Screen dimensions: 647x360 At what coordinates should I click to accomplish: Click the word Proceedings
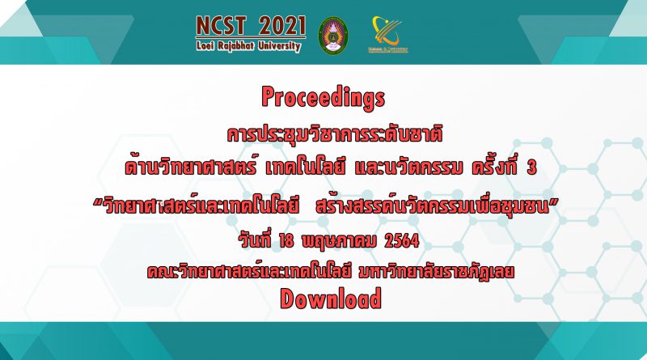pyautogui.click(x=323, y=98)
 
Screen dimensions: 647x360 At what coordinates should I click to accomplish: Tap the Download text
pyautogui.click(x=331, y=299)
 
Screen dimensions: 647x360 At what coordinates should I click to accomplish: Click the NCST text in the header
pyautogui.click(x=221, y=26)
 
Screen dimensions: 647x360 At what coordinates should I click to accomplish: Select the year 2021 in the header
pyautogui.click(x=282, y=26)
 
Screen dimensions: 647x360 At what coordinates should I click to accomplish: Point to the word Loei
pyautogui.click(x=206, y=45)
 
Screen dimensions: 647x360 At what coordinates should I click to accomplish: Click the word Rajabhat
pyautogui.click(x=237, y=46)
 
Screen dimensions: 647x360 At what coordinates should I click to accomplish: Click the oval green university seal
pyautogui.click(x=333, y=36)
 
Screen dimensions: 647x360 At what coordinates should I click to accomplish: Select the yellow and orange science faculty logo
pyautogui.click(x=387, y=34)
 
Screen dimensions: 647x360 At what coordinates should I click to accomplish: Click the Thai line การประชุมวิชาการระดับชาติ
pyautogui.click(x=335, y=134)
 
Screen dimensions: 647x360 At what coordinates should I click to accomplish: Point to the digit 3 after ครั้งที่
pyautogui.click(x=532, y=167)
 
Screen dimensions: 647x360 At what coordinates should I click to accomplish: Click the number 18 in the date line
pyautogui.click(x=286, y=241)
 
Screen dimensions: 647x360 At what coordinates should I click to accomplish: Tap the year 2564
pyautogui.click(x=401, y=241)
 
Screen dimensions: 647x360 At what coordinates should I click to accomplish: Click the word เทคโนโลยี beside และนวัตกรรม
pyautogui.click(x=305, y=167)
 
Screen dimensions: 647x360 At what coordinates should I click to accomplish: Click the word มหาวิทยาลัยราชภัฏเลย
pyautogui.click(x=437, y=272)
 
